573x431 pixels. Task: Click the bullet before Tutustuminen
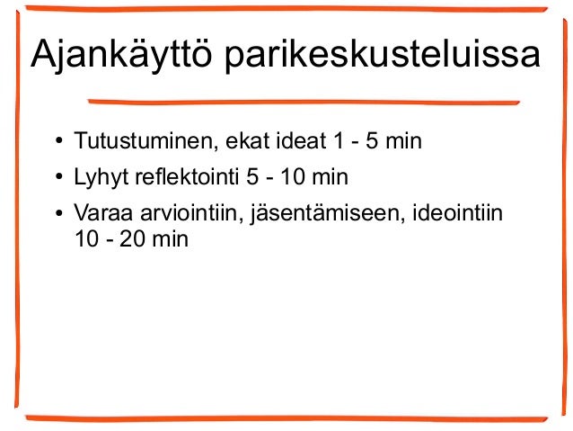point(57,143)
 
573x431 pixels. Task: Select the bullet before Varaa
point(57,215)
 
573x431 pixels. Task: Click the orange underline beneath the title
point(305,101)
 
